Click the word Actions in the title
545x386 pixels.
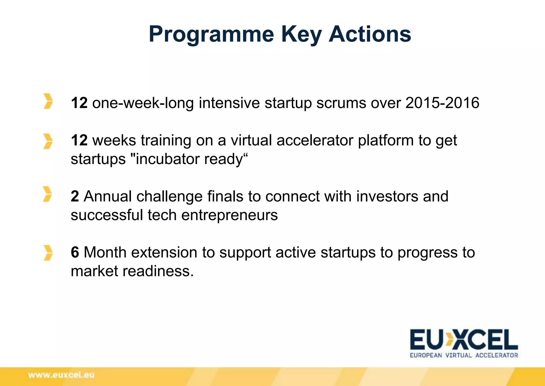tap(370, 34)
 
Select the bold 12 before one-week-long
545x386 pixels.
tap(79, 103)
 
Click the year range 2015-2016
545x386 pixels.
tap(442, 103)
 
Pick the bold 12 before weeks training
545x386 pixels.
tap(79, 140)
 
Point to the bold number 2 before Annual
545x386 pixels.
tap(75, 196)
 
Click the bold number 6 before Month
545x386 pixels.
tap(75, 252)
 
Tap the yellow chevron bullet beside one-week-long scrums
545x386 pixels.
tap(48, 101)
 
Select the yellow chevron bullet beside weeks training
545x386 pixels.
tap(48, 141)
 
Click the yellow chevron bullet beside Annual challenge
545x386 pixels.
tap(47, 194)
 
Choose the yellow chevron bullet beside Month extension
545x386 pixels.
tap(48, 253)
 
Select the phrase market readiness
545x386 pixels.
tap(132, 271)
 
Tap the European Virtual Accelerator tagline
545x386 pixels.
tap(464, 355)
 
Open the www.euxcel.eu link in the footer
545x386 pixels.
tap(61, 375)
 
